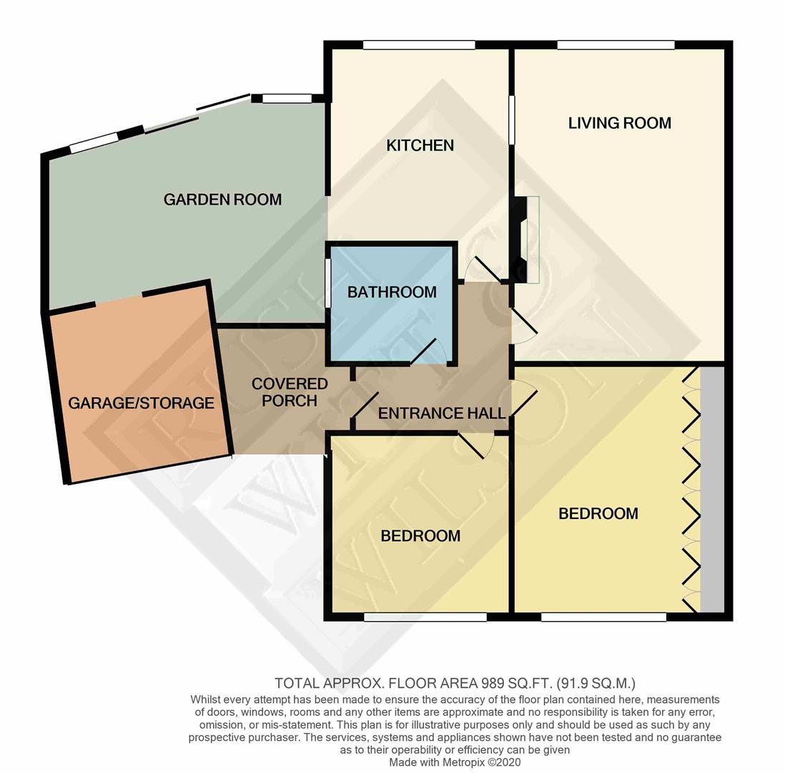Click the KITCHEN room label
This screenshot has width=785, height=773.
point(420,145)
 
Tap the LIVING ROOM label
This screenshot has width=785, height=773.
point(619,123)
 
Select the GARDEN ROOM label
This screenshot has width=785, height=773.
point(222,200)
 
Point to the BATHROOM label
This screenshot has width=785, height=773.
point(392,292)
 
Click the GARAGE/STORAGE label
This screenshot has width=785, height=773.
point(141,403)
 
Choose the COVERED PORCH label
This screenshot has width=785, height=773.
point(290,392)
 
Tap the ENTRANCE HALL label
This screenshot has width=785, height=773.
point(442,413)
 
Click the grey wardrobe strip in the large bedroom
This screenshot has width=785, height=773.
point(712,490)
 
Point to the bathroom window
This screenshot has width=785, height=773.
point(328,283)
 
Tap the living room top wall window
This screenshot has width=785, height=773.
point(616,45)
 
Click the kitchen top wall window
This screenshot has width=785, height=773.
point(419,45)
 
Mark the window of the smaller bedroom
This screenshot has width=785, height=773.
point(425,617)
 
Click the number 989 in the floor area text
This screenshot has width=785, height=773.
point(492,684)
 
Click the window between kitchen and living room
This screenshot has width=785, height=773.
point(512,120)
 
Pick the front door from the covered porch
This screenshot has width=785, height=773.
point(365,405)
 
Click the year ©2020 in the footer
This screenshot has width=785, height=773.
point(504,763)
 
